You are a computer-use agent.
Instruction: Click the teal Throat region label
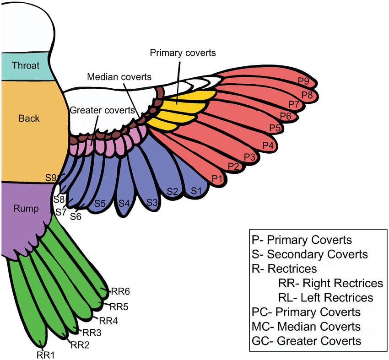(x=26, y=65)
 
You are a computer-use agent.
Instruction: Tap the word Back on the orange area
(x=29, y=118)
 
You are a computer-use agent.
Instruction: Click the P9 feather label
(x=303, y=82)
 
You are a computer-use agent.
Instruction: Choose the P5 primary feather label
(x=275, y=127)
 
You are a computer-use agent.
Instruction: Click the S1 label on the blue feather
(x=196, y=190)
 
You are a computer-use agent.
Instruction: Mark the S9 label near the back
(x=51, y=177)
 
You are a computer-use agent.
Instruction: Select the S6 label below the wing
(x=76, y=217)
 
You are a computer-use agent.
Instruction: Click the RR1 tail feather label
(x=45, y=354)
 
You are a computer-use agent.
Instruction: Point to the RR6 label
(x=121, y=291)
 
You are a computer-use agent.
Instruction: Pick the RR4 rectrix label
(x=108, y=321)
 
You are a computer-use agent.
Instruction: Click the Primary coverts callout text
(x=183, y=53)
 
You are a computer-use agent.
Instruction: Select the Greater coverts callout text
(x=103, y=110)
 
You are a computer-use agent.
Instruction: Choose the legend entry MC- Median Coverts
(x=306, y=327)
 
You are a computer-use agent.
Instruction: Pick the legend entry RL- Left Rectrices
(x=325, y=297)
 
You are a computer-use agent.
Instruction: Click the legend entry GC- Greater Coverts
(x=306, y=341)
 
